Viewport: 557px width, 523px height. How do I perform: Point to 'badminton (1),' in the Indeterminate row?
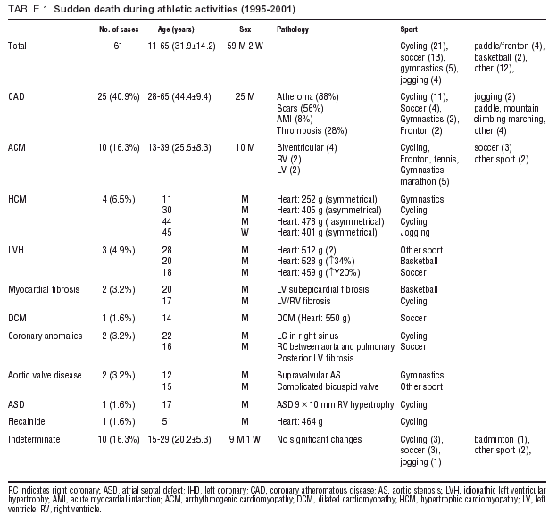click(502, 439)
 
